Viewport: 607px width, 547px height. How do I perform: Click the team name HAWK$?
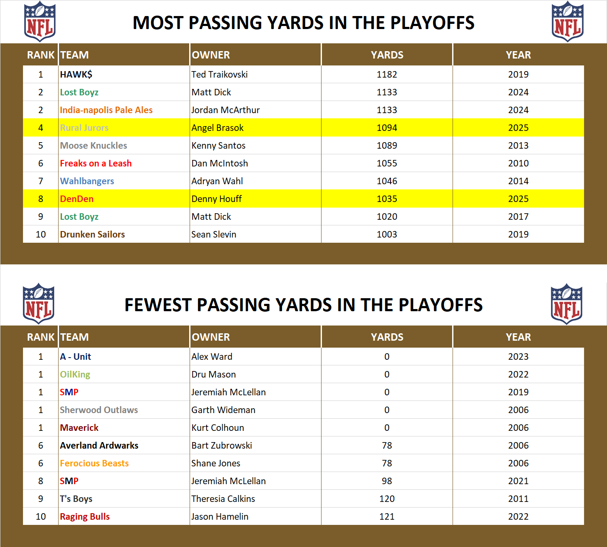(x=76, y=75)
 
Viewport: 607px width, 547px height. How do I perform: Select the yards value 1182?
(x=387, y=75)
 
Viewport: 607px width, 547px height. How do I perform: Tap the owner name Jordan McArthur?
(x=225, y=110)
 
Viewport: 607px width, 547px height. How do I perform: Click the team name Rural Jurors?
(x=84, y=128)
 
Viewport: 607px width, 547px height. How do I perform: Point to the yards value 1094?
(x=387, y=128)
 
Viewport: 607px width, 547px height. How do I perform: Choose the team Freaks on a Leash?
(x=95, y=163)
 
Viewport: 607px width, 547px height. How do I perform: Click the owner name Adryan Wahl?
(x=217, y=181)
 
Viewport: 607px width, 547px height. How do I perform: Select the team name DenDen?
(x=77, y=199)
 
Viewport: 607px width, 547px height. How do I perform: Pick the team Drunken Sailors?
(x=92, y=234)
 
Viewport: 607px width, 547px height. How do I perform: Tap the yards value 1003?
(x=387, y=234)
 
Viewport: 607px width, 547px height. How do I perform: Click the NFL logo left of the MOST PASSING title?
(x=39, y=22)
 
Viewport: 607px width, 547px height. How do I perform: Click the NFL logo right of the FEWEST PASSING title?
(x=566, y=304)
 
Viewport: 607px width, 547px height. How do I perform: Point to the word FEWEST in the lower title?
(x=158, y=305)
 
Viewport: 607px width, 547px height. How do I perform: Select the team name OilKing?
(x=75, y=374)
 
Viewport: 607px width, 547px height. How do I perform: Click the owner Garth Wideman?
(x=223, y=410)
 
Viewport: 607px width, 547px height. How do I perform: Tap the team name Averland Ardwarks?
(x=99, y=446)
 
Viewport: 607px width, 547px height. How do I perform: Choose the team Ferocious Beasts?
(x=94, y=463)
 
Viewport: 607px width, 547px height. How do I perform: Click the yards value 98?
(x=387, y=481)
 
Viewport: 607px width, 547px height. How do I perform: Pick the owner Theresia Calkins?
(x=223, y=499)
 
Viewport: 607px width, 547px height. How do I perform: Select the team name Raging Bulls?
(x=85, y=517)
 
